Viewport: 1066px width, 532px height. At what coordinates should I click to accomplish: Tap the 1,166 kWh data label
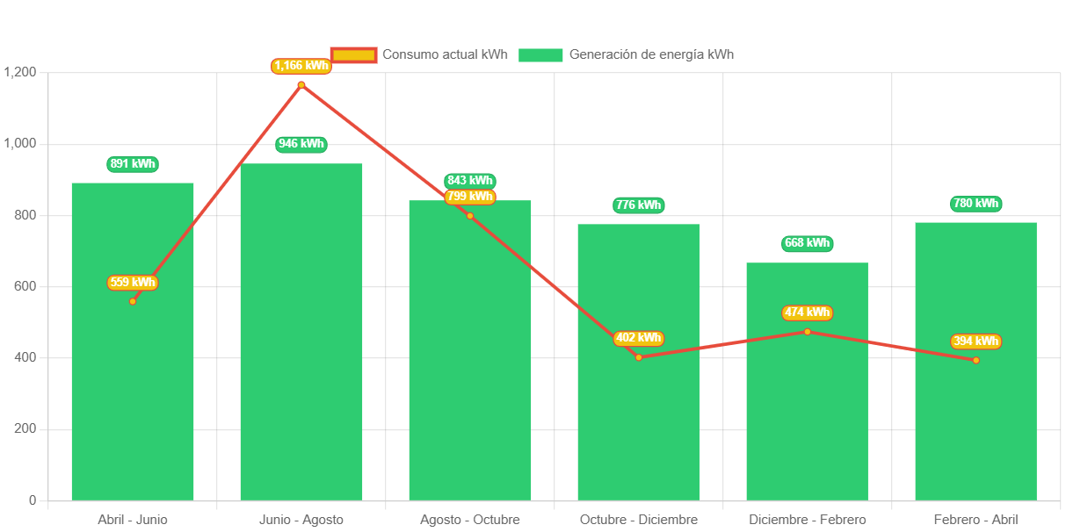301,65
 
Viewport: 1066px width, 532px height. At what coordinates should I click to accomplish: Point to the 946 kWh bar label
301,144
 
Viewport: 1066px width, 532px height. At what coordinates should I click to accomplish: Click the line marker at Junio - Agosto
301,85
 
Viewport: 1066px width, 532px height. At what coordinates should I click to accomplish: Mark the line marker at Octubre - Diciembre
638,357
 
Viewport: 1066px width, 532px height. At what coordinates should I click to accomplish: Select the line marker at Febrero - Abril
975,360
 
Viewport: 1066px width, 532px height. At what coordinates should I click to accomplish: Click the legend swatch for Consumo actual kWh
354,54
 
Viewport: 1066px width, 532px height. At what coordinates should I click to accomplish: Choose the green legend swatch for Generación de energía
540,54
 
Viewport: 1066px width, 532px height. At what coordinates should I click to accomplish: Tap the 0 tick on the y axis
33,500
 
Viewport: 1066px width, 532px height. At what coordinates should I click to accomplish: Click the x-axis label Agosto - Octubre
469,520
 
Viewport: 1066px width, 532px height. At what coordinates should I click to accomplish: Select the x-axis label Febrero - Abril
975,520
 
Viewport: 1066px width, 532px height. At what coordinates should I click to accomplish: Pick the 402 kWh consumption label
638,338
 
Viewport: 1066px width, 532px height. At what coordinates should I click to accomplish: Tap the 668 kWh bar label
807,243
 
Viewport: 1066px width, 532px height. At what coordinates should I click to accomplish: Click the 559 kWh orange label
133,283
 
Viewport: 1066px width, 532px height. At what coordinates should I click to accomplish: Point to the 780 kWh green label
975,204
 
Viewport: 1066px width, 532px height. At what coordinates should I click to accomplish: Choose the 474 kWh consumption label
807,313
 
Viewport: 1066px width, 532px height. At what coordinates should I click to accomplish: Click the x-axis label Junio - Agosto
301,520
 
